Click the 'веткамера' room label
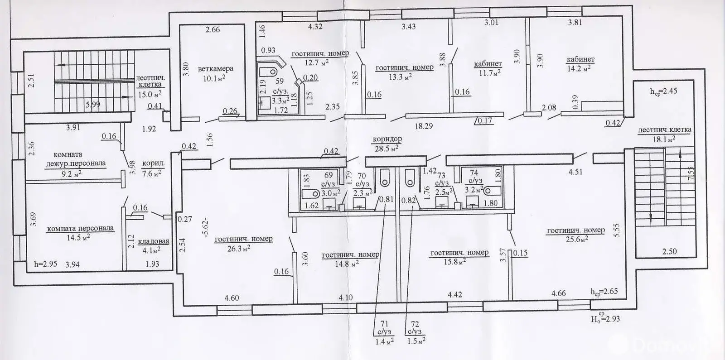point(215,69)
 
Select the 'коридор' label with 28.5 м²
point(387,139)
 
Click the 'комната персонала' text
point(80,228)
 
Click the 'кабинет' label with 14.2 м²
point(580,59)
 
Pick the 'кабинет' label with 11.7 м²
point(488,64)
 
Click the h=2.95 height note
point(46,264)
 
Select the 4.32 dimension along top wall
point(315,27)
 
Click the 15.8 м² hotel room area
point(456,262)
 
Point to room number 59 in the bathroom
point(279,82)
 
